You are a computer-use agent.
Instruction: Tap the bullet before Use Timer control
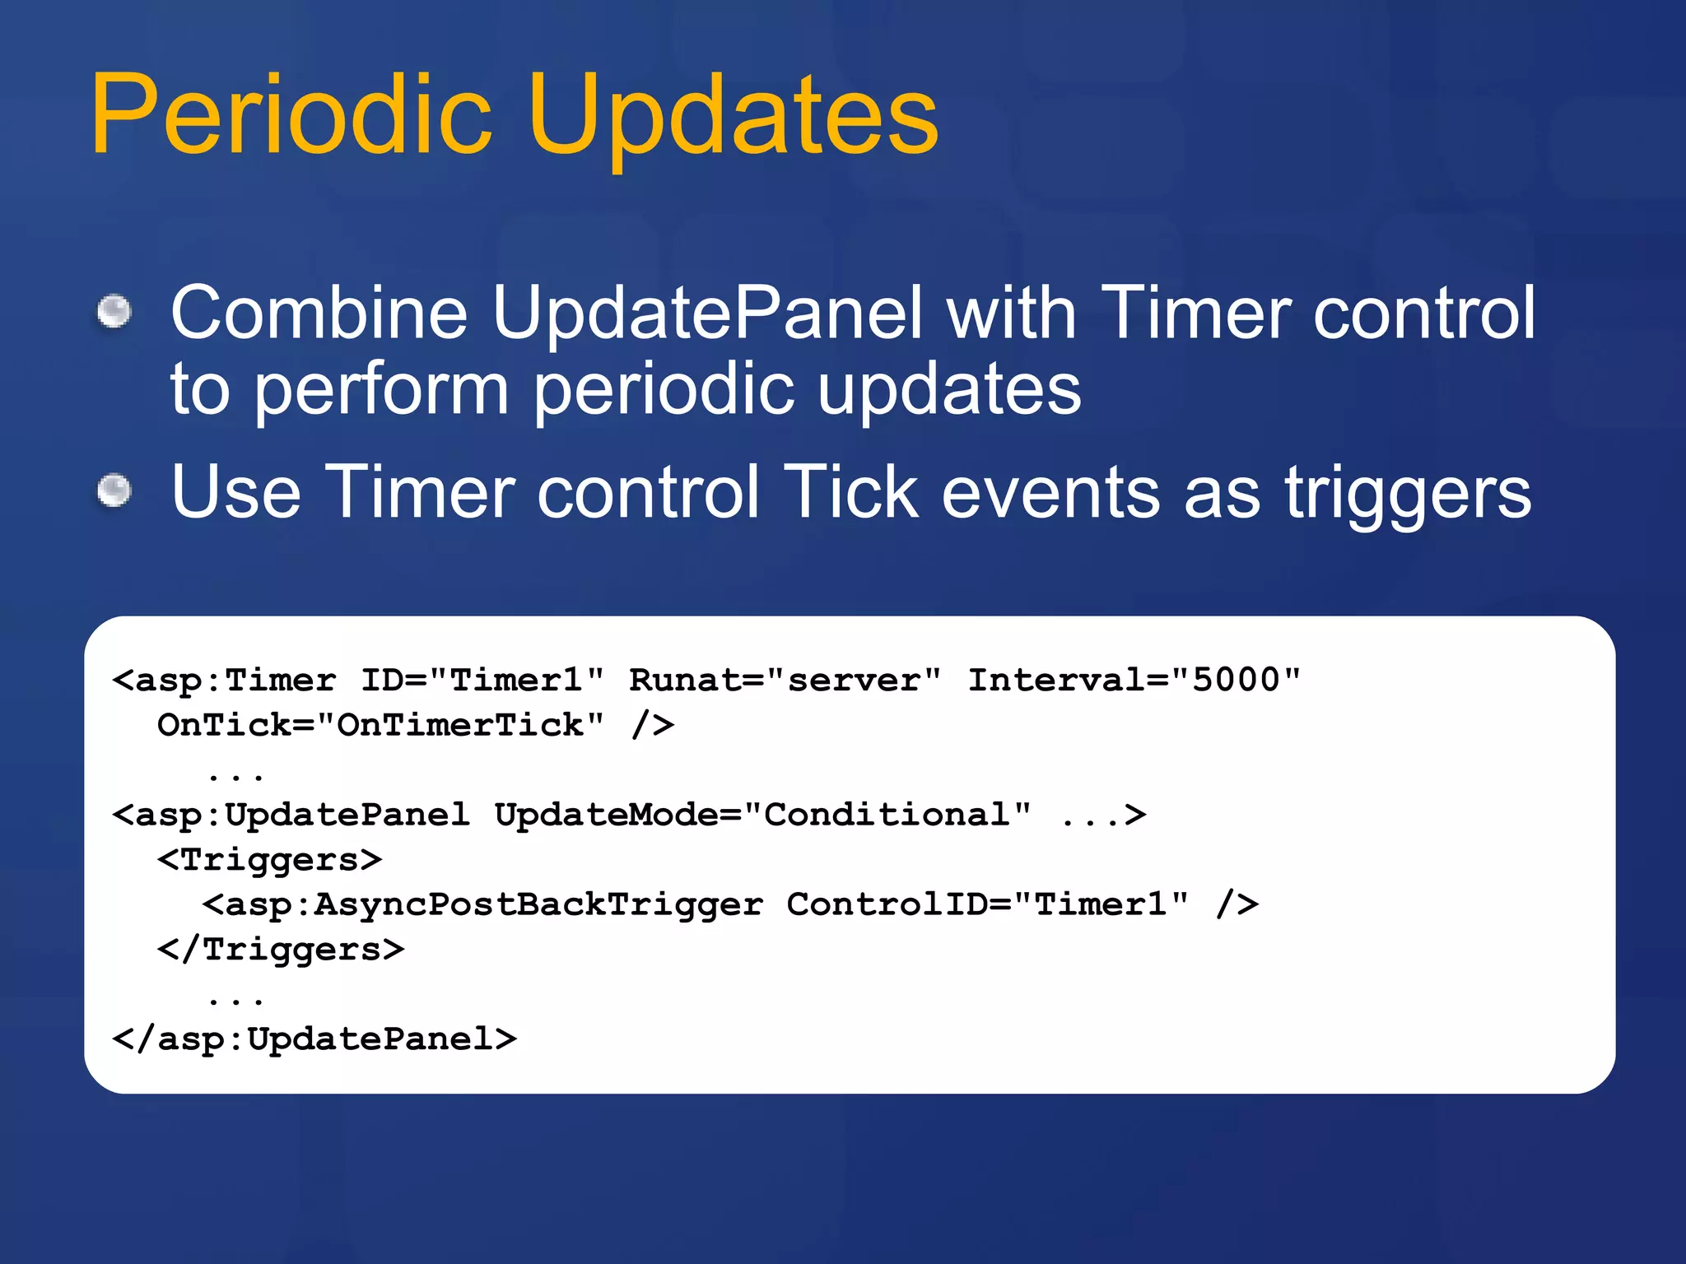coord(114,491)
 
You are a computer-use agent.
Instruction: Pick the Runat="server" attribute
coord(785,681)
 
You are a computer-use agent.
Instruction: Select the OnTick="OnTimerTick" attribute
coord(380,726)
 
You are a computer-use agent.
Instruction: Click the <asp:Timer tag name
coord(225,681)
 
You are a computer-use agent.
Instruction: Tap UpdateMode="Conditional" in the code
coord(762,816)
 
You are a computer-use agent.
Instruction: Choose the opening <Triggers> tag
coord(269,860)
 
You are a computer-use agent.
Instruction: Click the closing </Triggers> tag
coord(281,950)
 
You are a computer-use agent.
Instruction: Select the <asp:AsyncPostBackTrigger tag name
coord(482,905)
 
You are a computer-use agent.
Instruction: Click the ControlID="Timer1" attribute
coord(987,905)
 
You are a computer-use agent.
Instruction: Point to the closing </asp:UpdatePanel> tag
coord(314,1039)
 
